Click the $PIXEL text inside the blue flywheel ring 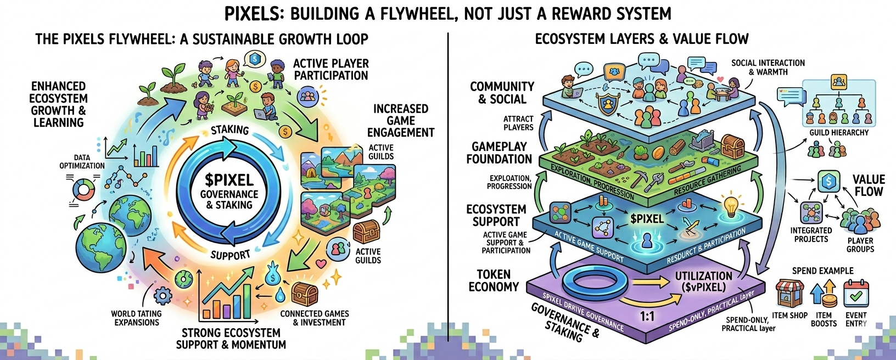(229, 180)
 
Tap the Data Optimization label (82, 161)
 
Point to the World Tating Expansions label (136, 318)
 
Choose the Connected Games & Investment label (315, 318)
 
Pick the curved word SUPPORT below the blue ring (230, 255)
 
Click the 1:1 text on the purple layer (647, 316)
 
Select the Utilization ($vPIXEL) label (703, 282)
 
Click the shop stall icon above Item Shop (789, 293)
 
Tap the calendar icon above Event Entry (855, 293)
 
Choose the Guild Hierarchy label (839, 132)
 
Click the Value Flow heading (869, 185)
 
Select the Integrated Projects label (811, 235)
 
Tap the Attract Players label (518, 123)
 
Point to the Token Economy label (494, 280)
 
